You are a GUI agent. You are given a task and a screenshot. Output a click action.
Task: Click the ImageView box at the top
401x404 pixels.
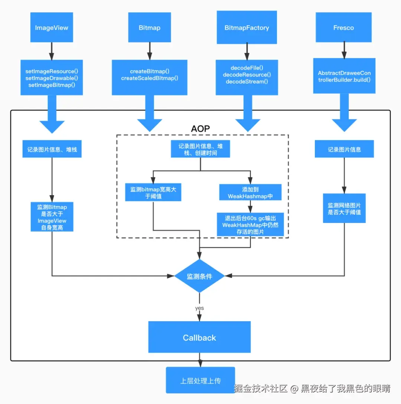click(52, 28)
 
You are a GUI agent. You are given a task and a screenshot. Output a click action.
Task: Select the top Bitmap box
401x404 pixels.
click(149, 28)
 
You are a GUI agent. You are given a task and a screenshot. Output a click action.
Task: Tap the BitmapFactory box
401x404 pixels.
click(247, 28)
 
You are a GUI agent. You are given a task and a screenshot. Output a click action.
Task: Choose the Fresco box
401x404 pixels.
click(343, 28)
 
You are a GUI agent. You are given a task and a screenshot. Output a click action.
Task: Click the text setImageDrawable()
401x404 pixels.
click(52, 78)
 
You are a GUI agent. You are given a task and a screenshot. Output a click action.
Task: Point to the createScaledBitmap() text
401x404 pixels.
click(150, 78)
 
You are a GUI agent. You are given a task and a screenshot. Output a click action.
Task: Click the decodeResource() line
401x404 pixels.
click(247, 75)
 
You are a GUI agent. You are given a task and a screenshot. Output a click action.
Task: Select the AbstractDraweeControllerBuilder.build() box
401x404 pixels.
click(344, 76)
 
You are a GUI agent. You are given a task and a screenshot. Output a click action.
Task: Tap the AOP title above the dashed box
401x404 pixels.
click(200, 129)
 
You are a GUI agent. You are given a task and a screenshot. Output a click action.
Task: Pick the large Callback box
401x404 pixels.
click(199, 337)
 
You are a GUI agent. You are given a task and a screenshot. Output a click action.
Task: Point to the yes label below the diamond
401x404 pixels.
click(199, 308)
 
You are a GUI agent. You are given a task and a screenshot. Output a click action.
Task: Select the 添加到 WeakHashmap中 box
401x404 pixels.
click(251, 193)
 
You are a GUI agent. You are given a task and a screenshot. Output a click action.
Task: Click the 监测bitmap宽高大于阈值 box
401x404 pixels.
click(153, 193)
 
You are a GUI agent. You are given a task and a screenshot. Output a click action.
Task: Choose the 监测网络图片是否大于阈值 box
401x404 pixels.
click(344, 209)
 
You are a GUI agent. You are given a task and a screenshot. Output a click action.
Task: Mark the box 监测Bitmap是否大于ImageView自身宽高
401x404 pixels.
click(52, 217)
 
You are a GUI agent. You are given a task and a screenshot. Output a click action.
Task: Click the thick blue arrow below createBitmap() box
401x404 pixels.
click(150, 113)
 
